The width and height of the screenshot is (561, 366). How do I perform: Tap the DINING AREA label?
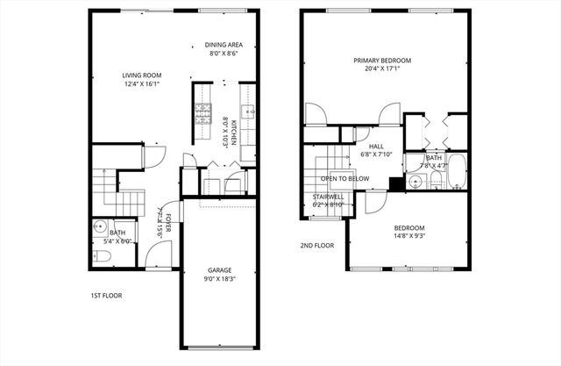click(225, 44)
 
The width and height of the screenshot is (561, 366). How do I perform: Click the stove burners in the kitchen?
click(202, 111)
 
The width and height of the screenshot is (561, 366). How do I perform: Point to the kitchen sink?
click(249, 112)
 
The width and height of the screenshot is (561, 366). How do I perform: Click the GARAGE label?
click(219, 269)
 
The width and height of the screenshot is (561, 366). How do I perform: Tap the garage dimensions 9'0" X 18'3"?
click(219, 279)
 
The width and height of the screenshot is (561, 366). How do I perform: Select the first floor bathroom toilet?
click(102, 257)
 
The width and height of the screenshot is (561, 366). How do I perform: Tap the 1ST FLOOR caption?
click(108, 296)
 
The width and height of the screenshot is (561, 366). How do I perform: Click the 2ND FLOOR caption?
click(317, 246)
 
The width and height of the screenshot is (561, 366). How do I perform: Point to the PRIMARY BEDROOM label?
click(382, 61)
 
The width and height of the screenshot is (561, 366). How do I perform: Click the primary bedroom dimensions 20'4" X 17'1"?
click(382, 70)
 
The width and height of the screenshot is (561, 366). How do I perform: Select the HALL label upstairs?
click(376, 147)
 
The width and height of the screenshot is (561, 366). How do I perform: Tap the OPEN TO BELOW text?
click(344, 178)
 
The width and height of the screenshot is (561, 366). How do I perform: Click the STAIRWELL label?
click(330, 197)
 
